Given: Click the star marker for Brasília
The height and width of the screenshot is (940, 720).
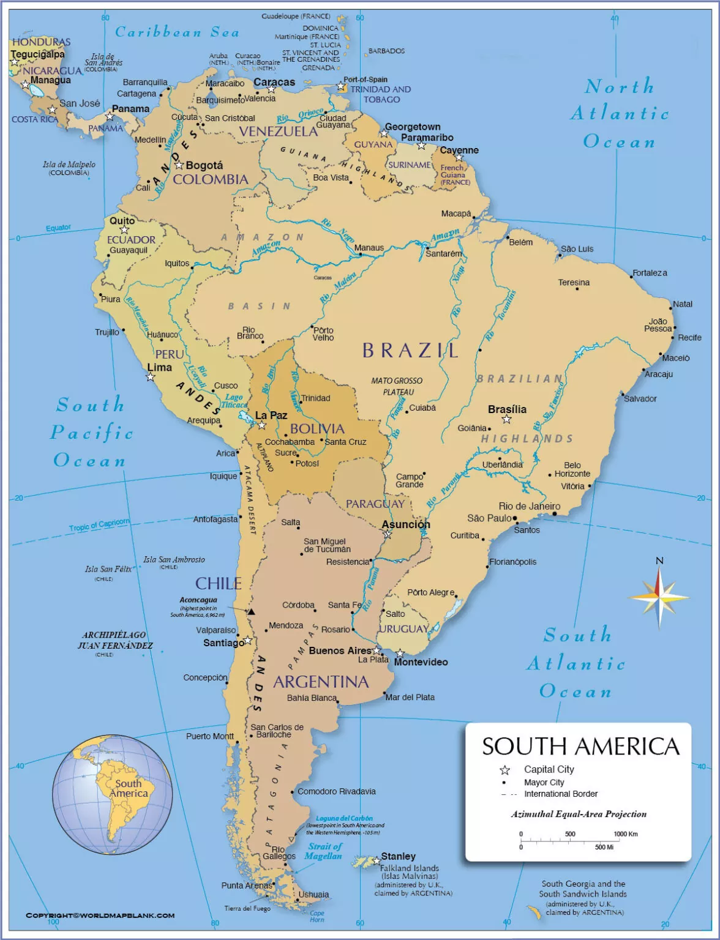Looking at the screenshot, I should pos(506,419).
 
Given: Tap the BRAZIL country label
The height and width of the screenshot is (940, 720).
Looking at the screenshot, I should pos(410,350).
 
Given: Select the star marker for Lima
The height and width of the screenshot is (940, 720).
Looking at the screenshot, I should pos(151,377).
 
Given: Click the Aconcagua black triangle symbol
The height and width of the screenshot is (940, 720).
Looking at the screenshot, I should pos(250,611).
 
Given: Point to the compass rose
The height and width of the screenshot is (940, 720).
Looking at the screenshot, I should pos(659,597).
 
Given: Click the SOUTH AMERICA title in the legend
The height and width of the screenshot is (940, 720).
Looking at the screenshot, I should pos(580,747).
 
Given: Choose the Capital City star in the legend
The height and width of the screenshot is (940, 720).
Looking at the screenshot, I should pos(505,770).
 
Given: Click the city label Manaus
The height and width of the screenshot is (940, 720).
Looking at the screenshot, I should pos(369,248).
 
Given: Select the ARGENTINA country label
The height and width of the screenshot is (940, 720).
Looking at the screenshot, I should pos(321,682).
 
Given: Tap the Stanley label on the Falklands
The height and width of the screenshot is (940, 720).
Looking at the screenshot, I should pos(398,856).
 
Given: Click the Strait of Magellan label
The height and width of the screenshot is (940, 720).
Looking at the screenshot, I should pos(324,851).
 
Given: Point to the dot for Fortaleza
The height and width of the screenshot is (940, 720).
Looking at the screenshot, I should pos(632,277).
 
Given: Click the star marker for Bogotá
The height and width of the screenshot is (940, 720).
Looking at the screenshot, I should pos(179,165).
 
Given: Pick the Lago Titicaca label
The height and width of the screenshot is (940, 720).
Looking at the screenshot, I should pos(234,401).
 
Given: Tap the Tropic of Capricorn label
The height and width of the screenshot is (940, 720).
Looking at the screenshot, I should pos(99,524).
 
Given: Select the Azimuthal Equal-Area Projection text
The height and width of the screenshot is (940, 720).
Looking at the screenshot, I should pos(579,814).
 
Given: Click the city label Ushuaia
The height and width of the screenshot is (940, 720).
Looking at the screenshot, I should pos(313,895).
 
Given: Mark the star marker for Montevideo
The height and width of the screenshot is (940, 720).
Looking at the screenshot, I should pos(400,654).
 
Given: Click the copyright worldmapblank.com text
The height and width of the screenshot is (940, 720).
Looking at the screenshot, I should pos(100,916).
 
